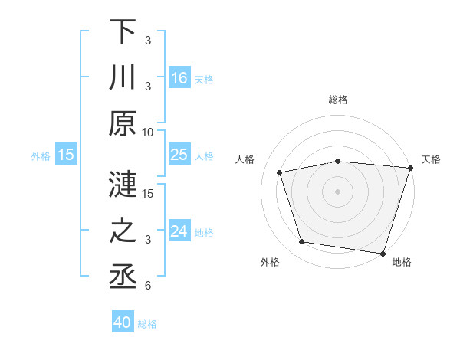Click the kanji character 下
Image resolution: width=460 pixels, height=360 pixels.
point(123,32)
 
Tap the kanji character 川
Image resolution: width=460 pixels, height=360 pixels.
point(123,78)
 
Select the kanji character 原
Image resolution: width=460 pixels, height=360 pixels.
point(123,124)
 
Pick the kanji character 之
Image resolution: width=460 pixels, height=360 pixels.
point(123,231)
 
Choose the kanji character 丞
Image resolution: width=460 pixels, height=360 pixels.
point(123,277)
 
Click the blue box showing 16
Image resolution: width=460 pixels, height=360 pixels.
point(179,78)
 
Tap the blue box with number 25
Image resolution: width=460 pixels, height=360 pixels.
point(179,155)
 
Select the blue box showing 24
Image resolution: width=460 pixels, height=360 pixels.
point(179,231)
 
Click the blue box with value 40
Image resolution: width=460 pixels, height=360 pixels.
point(123,322)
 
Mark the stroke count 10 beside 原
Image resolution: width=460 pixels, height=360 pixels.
point(148,132)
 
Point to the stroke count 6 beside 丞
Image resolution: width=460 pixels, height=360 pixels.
point(148,286)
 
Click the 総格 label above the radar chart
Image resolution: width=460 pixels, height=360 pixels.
point(338,100)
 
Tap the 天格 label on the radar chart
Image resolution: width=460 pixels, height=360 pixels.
point(431,159)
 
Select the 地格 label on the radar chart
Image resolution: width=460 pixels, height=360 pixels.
point(401,263)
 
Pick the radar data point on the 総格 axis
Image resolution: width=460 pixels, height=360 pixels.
point(338,161)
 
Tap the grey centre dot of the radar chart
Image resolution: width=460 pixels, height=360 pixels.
point(338,191)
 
